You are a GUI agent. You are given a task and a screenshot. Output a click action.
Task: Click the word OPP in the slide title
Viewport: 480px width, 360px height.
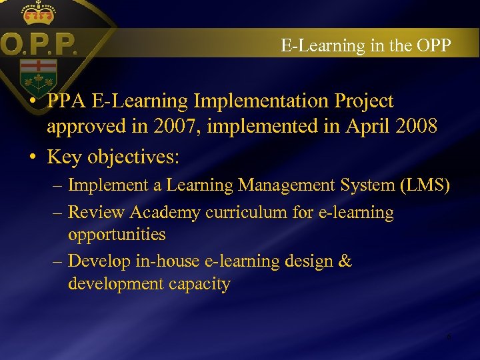click(433, 45)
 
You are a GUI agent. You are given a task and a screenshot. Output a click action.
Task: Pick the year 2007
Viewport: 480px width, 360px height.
click(175, 127)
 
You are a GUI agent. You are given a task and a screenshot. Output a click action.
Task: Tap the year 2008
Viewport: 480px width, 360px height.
click(415, 127)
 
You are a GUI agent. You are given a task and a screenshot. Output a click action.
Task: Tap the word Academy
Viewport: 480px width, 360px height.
click(165, 213)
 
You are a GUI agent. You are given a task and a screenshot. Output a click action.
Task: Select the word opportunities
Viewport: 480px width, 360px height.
click(117, 235)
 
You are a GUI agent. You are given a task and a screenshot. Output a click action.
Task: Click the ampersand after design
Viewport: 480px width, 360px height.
click(345, 261)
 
